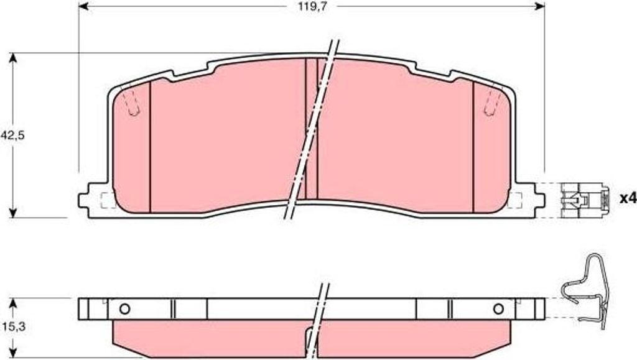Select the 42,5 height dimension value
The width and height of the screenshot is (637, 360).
[x=12, y=136]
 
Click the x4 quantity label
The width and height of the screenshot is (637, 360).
[x=627, y=199]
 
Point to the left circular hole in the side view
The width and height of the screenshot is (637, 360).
[x=124, y=309]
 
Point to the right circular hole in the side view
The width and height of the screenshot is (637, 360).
[x=498, y=309]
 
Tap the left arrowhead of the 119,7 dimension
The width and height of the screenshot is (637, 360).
[x=83, y=6]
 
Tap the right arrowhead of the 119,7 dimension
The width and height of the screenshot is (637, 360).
[x=539, y=6]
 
